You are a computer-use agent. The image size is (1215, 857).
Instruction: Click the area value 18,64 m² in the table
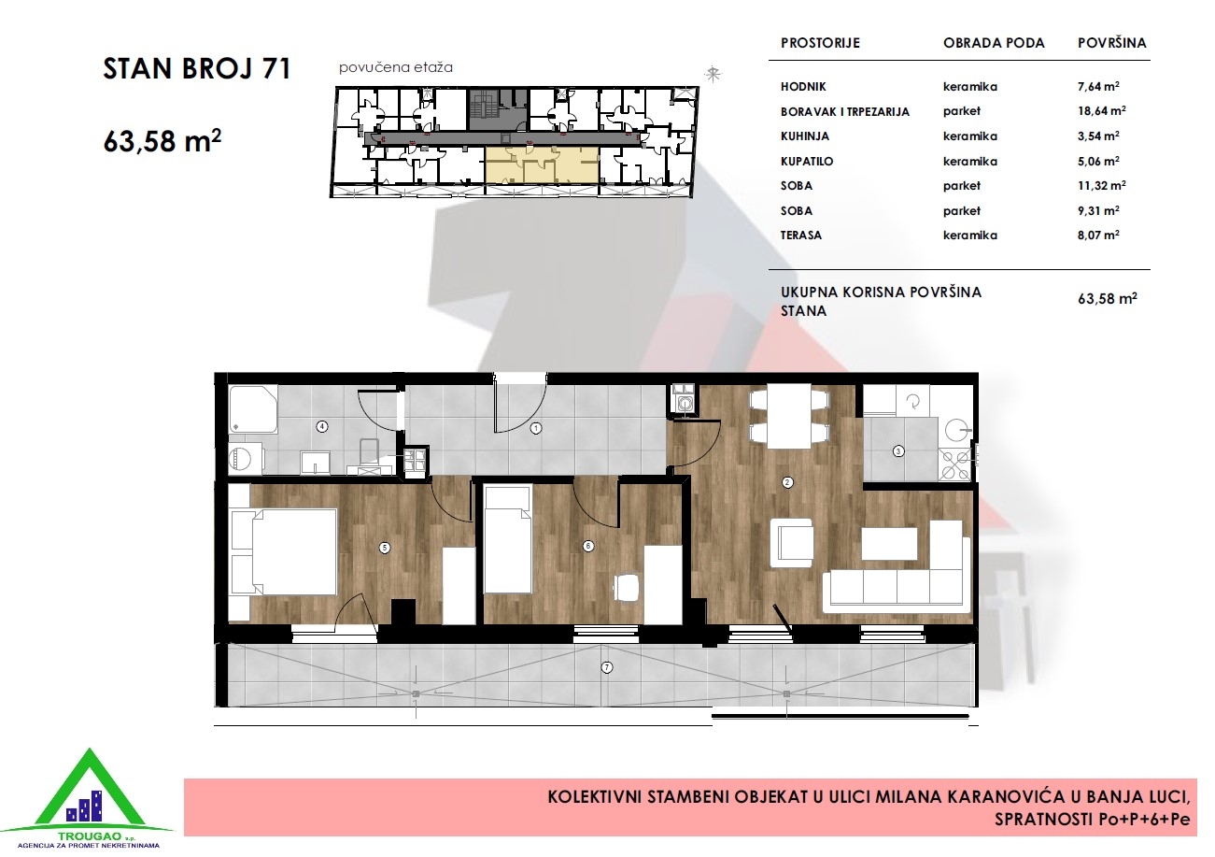1101,110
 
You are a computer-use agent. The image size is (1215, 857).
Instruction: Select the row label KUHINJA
804,136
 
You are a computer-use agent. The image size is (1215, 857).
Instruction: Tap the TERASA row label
800,236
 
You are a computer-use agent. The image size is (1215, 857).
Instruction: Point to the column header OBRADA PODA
993,43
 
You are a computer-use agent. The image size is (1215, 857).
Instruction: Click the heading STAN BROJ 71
197,69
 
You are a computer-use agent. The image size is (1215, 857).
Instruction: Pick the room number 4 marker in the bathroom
322,426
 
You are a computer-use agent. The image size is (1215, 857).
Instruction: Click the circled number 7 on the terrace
607,667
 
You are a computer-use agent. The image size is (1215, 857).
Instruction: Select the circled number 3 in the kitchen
898,451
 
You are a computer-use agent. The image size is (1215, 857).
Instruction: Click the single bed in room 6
507,539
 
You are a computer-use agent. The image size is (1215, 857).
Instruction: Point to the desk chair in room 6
627,587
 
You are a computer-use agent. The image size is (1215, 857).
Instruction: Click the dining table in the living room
789,416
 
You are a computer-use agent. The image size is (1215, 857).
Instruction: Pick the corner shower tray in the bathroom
253,409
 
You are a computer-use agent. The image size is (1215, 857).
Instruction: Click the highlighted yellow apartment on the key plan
542,165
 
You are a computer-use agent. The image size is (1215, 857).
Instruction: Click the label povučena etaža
395,67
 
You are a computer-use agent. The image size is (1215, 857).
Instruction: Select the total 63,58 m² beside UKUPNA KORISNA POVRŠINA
1107,298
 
